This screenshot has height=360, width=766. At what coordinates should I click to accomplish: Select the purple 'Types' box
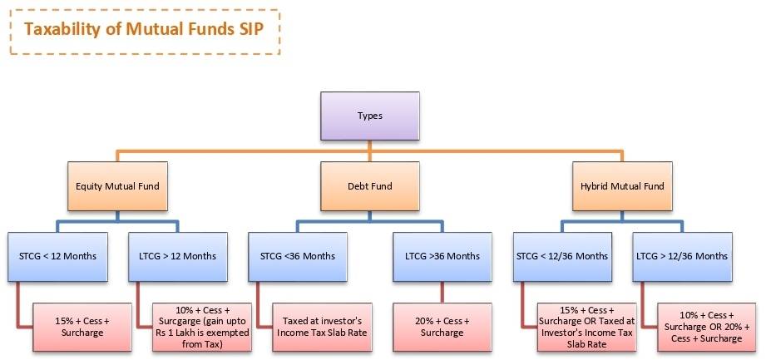(369, 116)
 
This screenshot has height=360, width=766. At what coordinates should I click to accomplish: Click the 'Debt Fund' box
(369, 186)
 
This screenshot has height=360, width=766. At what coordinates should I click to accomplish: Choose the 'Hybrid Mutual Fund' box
(622, 186)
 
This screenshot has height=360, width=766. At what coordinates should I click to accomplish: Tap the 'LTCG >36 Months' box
(441, 255)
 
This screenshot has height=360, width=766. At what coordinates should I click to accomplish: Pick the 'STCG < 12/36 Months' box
(559, 255)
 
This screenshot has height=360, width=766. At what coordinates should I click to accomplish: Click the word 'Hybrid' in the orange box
(595, 186)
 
